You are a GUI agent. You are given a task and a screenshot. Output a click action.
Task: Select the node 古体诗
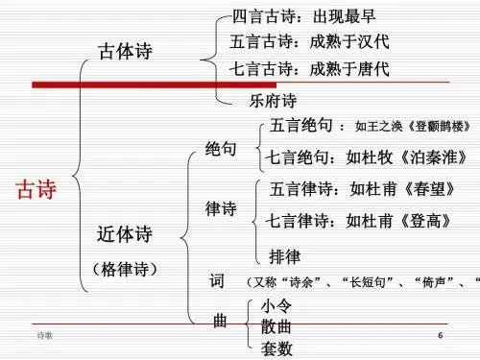click(128, 53)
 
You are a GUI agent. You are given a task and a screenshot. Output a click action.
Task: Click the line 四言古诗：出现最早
click(306, 16)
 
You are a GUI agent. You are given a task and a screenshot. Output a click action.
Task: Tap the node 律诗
click(222, 208)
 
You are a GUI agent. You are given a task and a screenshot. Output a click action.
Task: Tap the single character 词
click(217, 281)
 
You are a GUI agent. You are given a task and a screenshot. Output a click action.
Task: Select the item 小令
click(277, 305)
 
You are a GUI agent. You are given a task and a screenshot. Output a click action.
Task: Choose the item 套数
click(277, 348)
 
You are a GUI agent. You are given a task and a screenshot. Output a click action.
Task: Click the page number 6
click(440, 337)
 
